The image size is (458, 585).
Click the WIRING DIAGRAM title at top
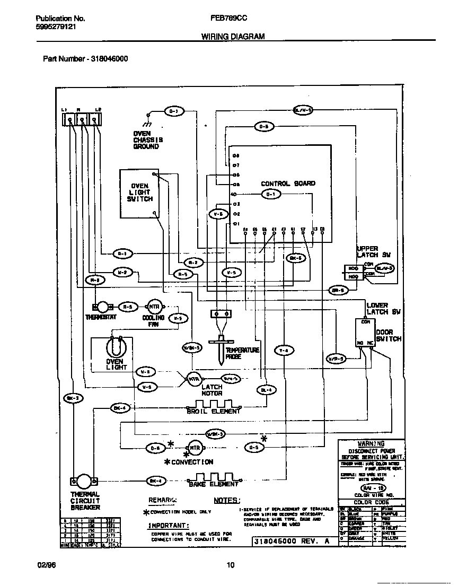point(233,37)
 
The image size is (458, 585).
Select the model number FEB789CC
point(228,18)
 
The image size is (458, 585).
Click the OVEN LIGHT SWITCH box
point(139,193)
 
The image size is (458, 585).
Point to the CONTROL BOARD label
point(288,184)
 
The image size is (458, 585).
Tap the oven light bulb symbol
point(115,347)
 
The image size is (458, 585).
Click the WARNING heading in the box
point(371,443)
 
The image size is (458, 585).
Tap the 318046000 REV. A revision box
point(293,542)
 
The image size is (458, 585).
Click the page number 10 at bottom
point(230,565)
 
